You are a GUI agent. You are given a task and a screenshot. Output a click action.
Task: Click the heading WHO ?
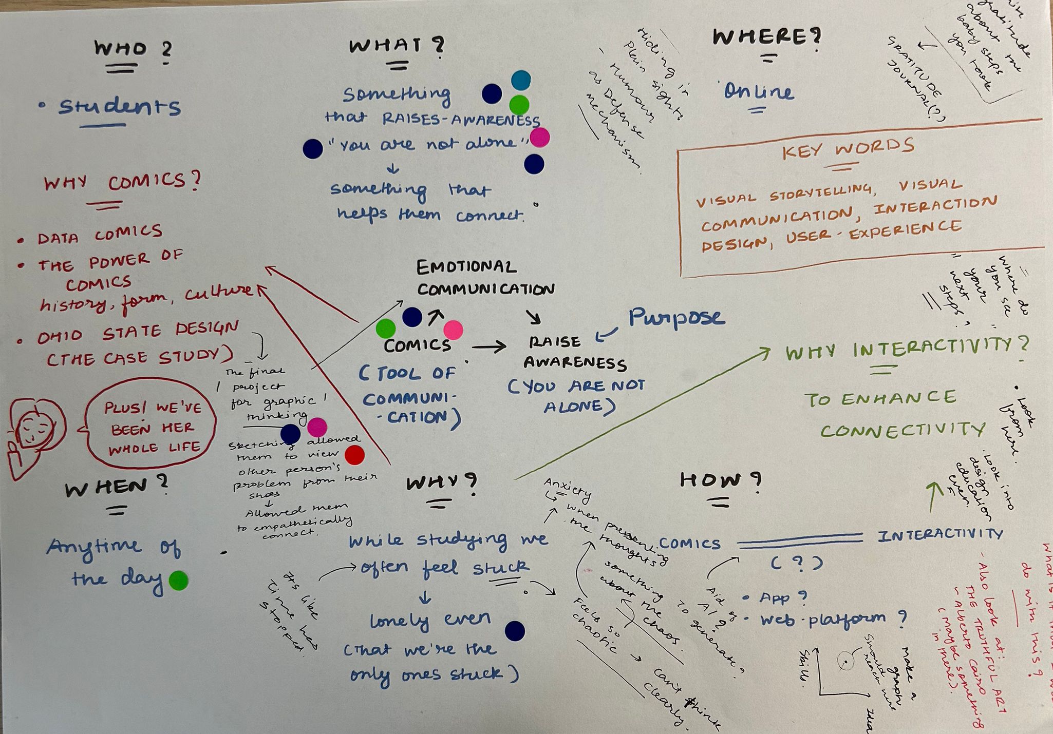pos(133,50)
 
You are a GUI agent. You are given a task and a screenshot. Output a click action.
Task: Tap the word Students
pos(119,107)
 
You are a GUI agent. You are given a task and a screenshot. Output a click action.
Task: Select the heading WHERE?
pos(766,37)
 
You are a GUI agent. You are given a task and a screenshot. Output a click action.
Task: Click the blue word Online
pos(759,92)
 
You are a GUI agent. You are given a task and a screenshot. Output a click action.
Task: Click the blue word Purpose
pos(676,317)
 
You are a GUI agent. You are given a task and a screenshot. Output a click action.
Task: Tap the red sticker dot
pos(354,455)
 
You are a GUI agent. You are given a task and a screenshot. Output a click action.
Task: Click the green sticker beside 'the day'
pos(178,581)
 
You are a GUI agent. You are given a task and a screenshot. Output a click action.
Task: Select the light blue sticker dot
pos(521,80)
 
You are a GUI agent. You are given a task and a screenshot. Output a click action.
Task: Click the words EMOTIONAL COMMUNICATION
pos(484,279)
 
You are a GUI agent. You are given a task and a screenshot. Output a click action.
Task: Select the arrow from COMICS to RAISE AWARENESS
pos(488,348)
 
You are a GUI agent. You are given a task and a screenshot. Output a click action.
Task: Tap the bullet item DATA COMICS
pos(100,236)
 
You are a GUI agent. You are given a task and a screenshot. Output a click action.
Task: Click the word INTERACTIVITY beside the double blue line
pos(939,535)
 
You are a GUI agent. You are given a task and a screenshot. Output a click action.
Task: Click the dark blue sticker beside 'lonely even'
pos(515,631)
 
